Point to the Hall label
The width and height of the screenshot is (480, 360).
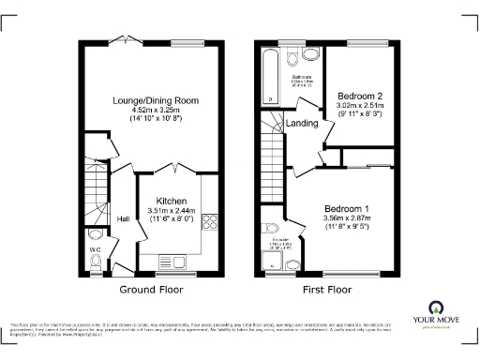pyautogui.click(x=123, y=219)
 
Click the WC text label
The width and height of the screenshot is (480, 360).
pyautogui.click(x=94, y=249)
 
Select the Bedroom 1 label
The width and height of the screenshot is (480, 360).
pyautogui.click(x=347, y=207)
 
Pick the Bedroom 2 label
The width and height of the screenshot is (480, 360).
pyautogui.click(x=360, y=96)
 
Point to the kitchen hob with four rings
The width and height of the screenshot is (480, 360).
pyautogui.click(x=210, y=223)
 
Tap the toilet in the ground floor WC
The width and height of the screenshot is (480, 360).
pyautogui.click(x=94, y=264)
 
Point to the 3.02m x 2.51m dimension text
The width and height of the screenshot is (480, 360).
pyautogui.click(x=360, y=106)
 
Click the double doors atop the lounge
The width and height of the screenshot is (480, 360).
pyautogui.click(x=123, y=42)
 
